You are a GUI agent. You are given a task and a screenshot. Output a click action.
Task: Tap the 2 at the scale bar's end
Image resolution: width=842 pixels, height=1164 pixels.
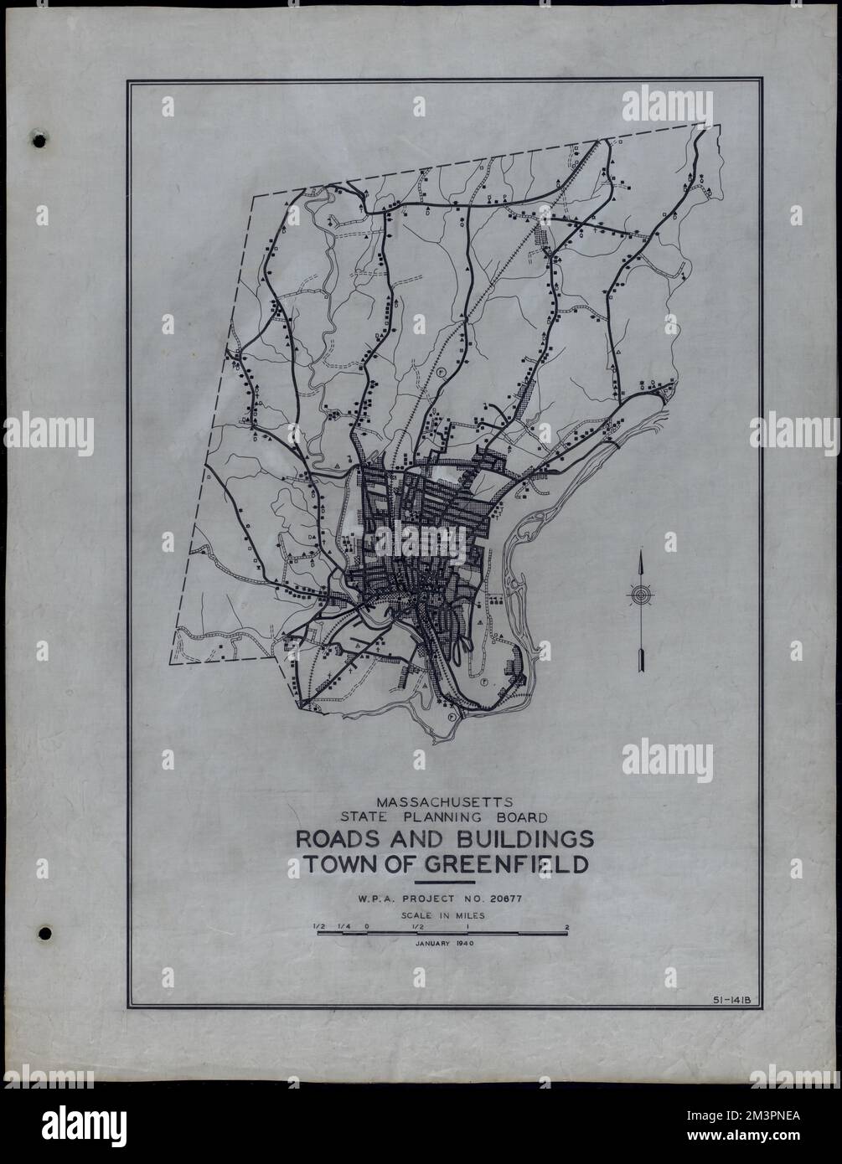(x=567, y=927)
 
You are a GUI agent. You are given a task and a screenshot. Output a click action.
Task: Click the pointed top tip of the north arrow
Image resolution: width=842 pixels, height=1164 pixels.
(x=640, y=554)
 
